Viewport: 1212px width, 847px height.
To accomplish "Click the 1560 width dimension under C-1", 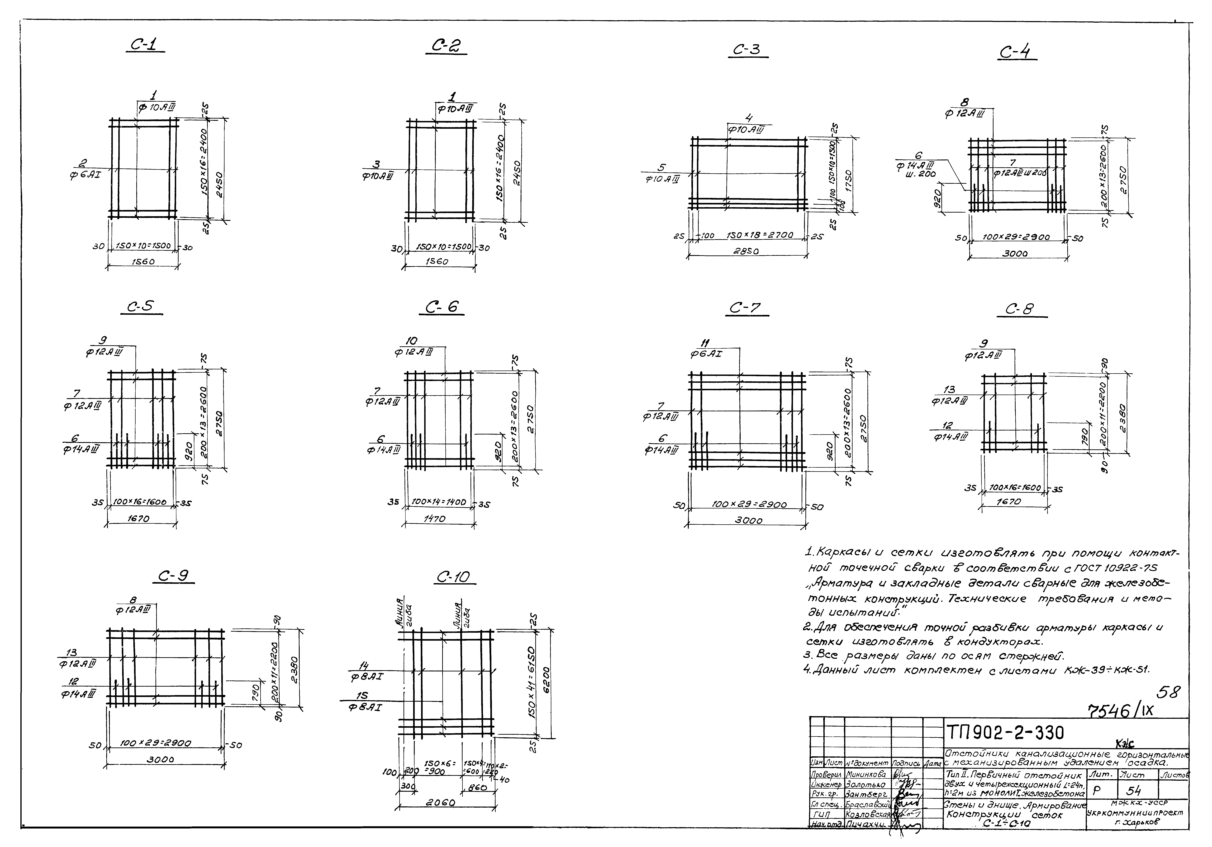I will (x=142, y=261).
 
